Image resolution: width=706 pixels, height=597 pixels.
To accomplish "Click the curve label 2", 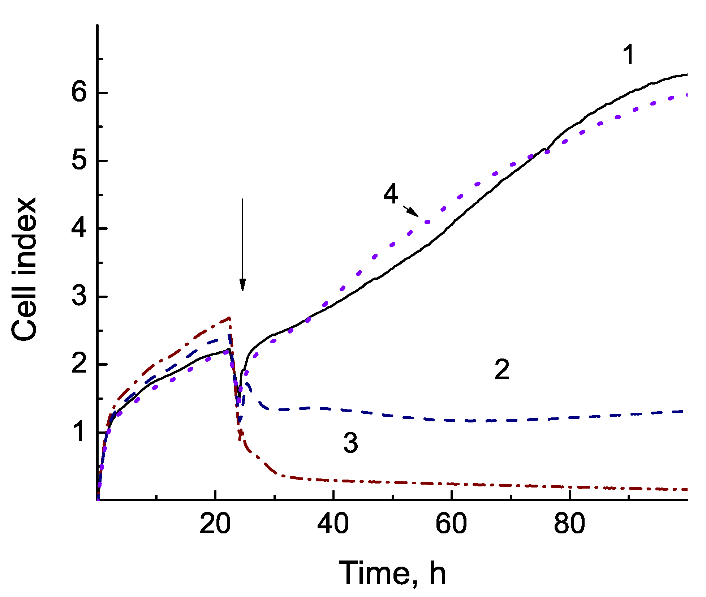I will coord(502,370).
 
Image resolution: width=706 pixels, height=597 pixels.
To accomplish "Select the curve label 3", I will coord(350,443).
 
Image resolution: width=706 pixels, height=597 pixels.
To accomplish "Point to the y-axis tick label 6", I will coord(79,93).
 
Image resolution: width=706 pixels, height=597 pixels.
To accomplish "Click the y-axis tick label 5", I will coord(79,160).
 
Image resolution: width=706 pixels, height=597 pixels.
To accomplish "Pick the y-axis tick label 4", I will coord(79,228).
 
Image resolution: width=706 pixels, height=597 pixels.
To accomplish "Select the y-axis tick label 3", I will coord(79,296).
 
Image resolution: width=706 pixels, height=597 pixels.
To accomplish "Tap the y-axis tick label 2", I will coord(79,364).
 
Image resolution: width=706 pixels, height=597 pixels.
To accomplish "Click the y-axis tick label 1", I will coord(80,432).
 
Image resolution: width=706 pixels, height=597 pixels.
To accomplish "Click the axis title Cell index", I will coord(25,269).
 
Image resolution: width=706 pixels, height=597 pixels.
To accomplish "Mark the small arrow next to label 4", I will coord(411,211).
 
